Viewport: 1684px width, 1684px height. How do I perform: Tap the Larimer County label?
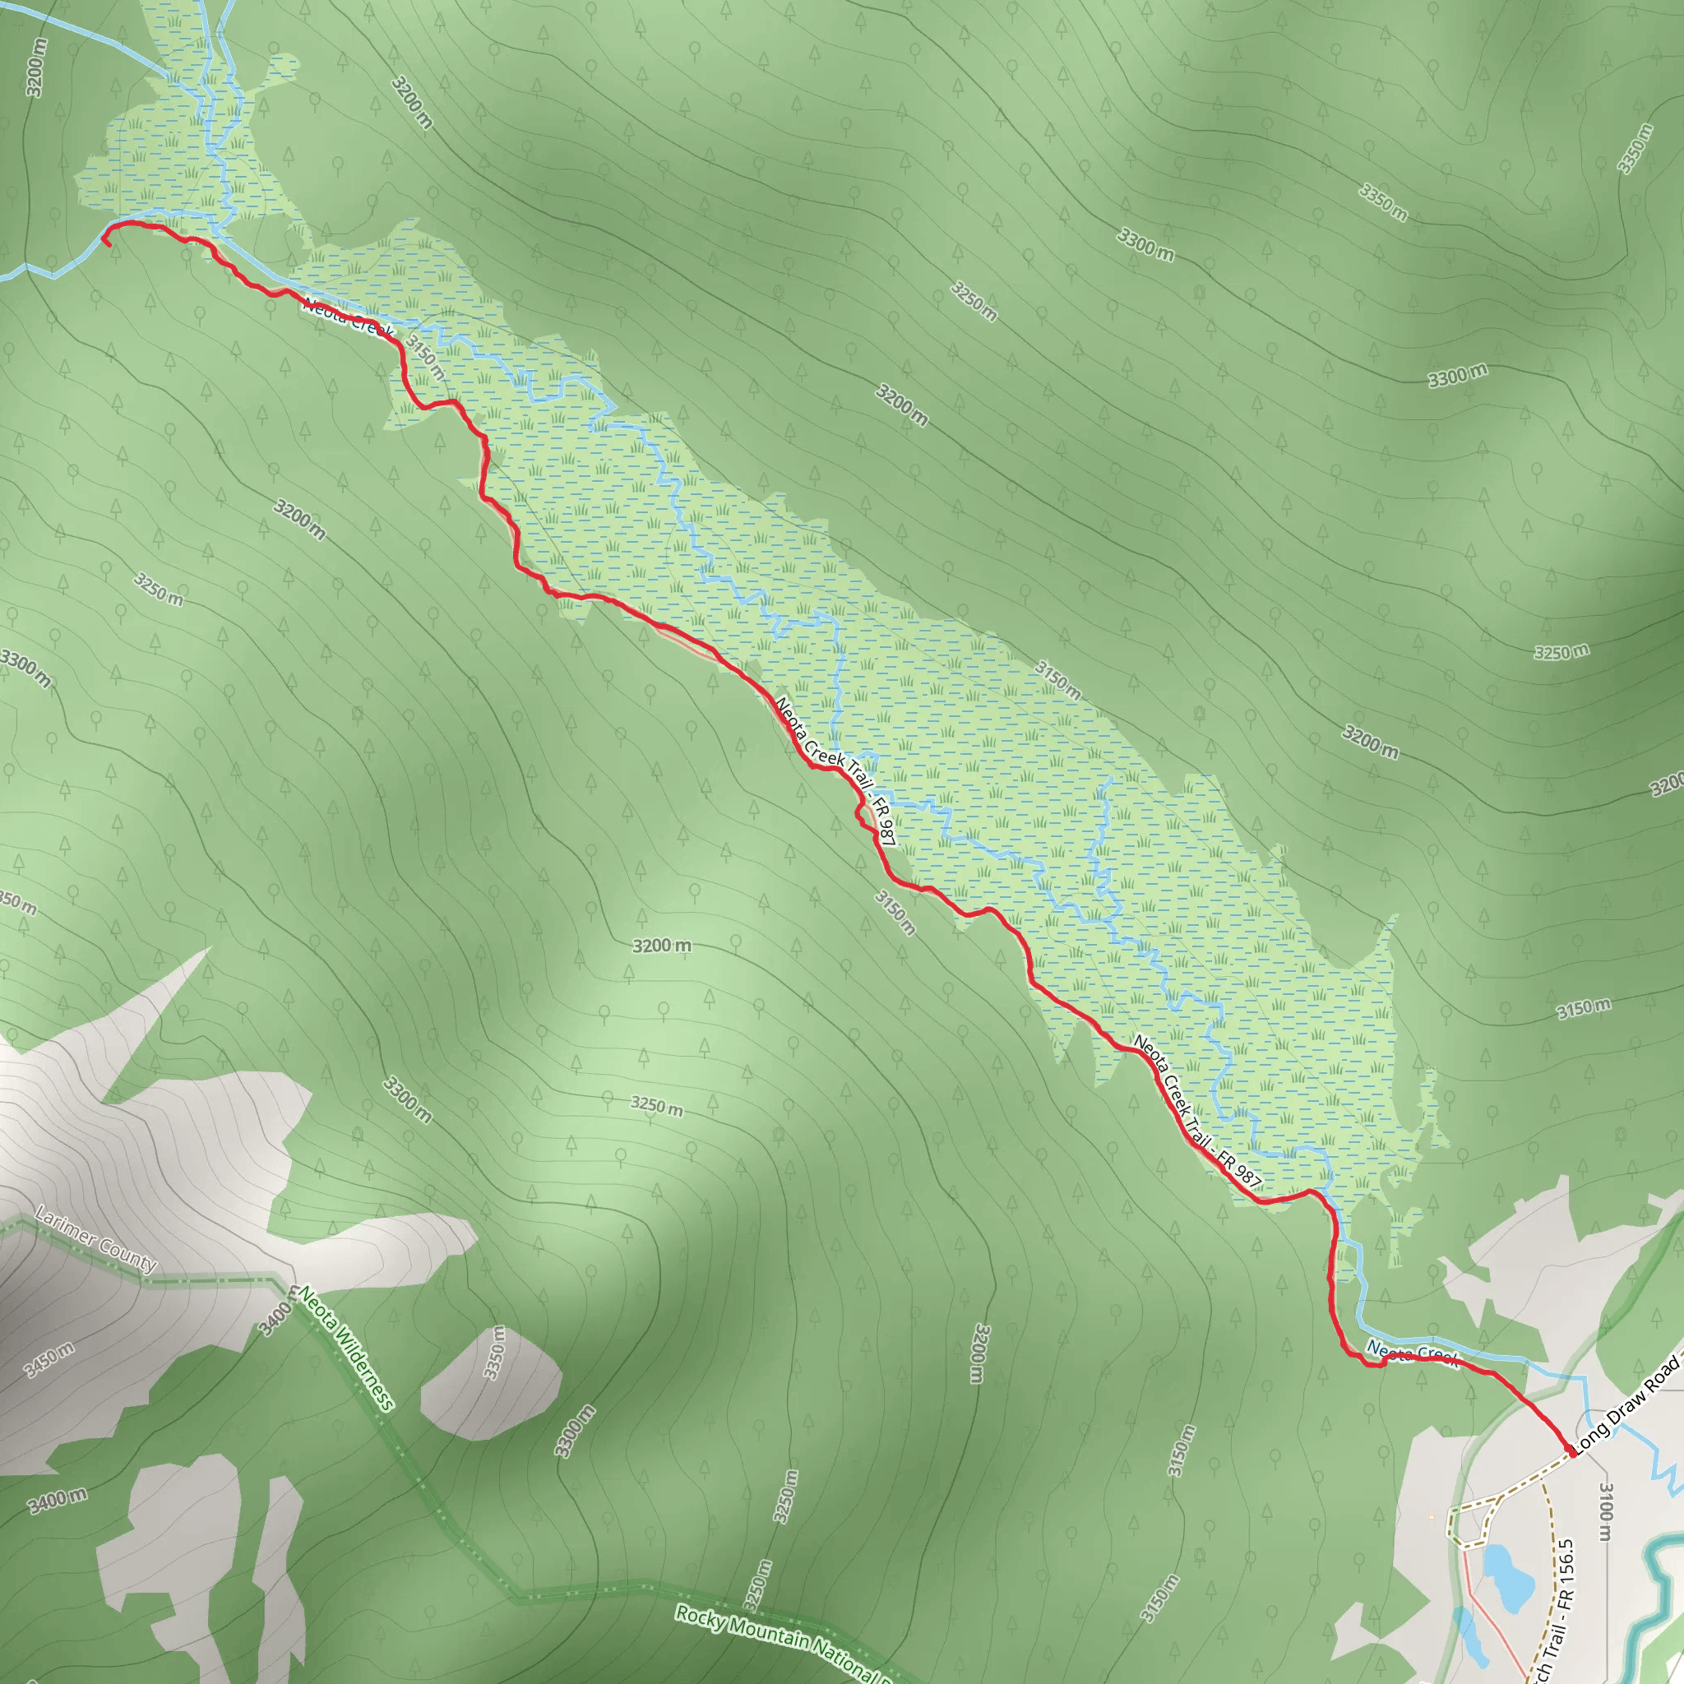[x=96, y=1238]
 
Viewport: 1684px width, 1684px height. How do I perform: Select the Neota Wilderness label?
[x=347, y=1347]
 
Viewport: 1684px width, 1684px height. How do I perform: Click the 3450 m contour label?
[x=49, y=1360]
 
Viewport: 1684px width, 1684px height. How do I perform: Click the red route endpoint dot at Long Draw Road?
[x=1571, y=1454]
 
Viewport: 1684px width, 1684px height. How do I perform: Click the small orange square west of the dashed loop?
[x=1432, y=1516]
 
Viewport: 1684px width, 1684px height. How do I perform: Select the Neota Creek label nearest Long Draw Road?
[x=1412, y=1353]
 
